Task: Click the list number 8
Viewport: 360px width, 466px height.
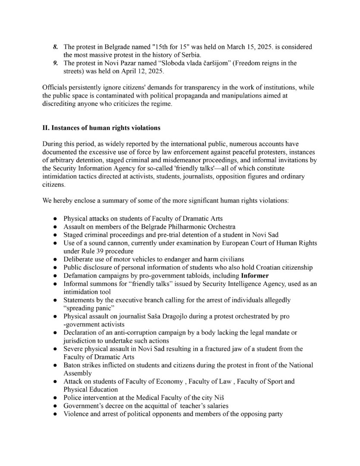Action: [x=55, y=47]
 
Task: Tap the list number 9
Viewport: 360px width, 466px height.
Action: [x=55, y=63]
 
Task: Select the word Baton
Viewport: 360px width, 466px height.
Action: [x=72, y=365]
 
